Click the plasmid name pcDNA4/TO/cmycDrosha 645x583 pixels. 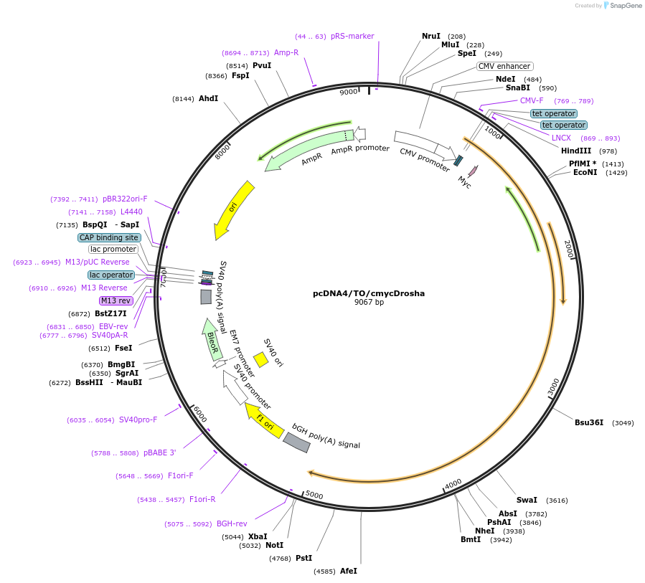[x=369, y=293]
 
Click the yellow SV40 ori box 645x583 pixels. [x=261, y=360]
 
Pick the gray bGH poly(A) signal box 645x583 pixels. [x=297, y=442]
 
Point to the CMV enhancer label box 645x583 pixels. [x=504, y=66]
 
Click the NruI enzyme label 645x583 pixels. [x=431, y=36]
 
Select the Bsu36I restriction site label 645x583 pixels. [x=589, y=422]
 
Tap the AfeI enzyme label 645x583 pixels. [x=349, y=571]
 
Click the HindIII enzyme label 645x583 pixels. [x=576, y=151]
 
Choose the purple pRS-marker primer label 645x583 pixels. [x=352, y=36]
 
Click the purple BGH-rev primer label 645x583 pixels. [x=232, y=523]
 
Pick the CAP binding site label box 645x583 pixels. [x=110, y=237]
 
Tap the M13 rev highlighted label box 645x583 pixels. [x=116, y=300]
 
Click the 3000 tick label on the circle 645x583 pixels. [x=553, y=387]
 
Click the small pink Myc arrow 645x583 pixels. [x=473, y=171]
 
